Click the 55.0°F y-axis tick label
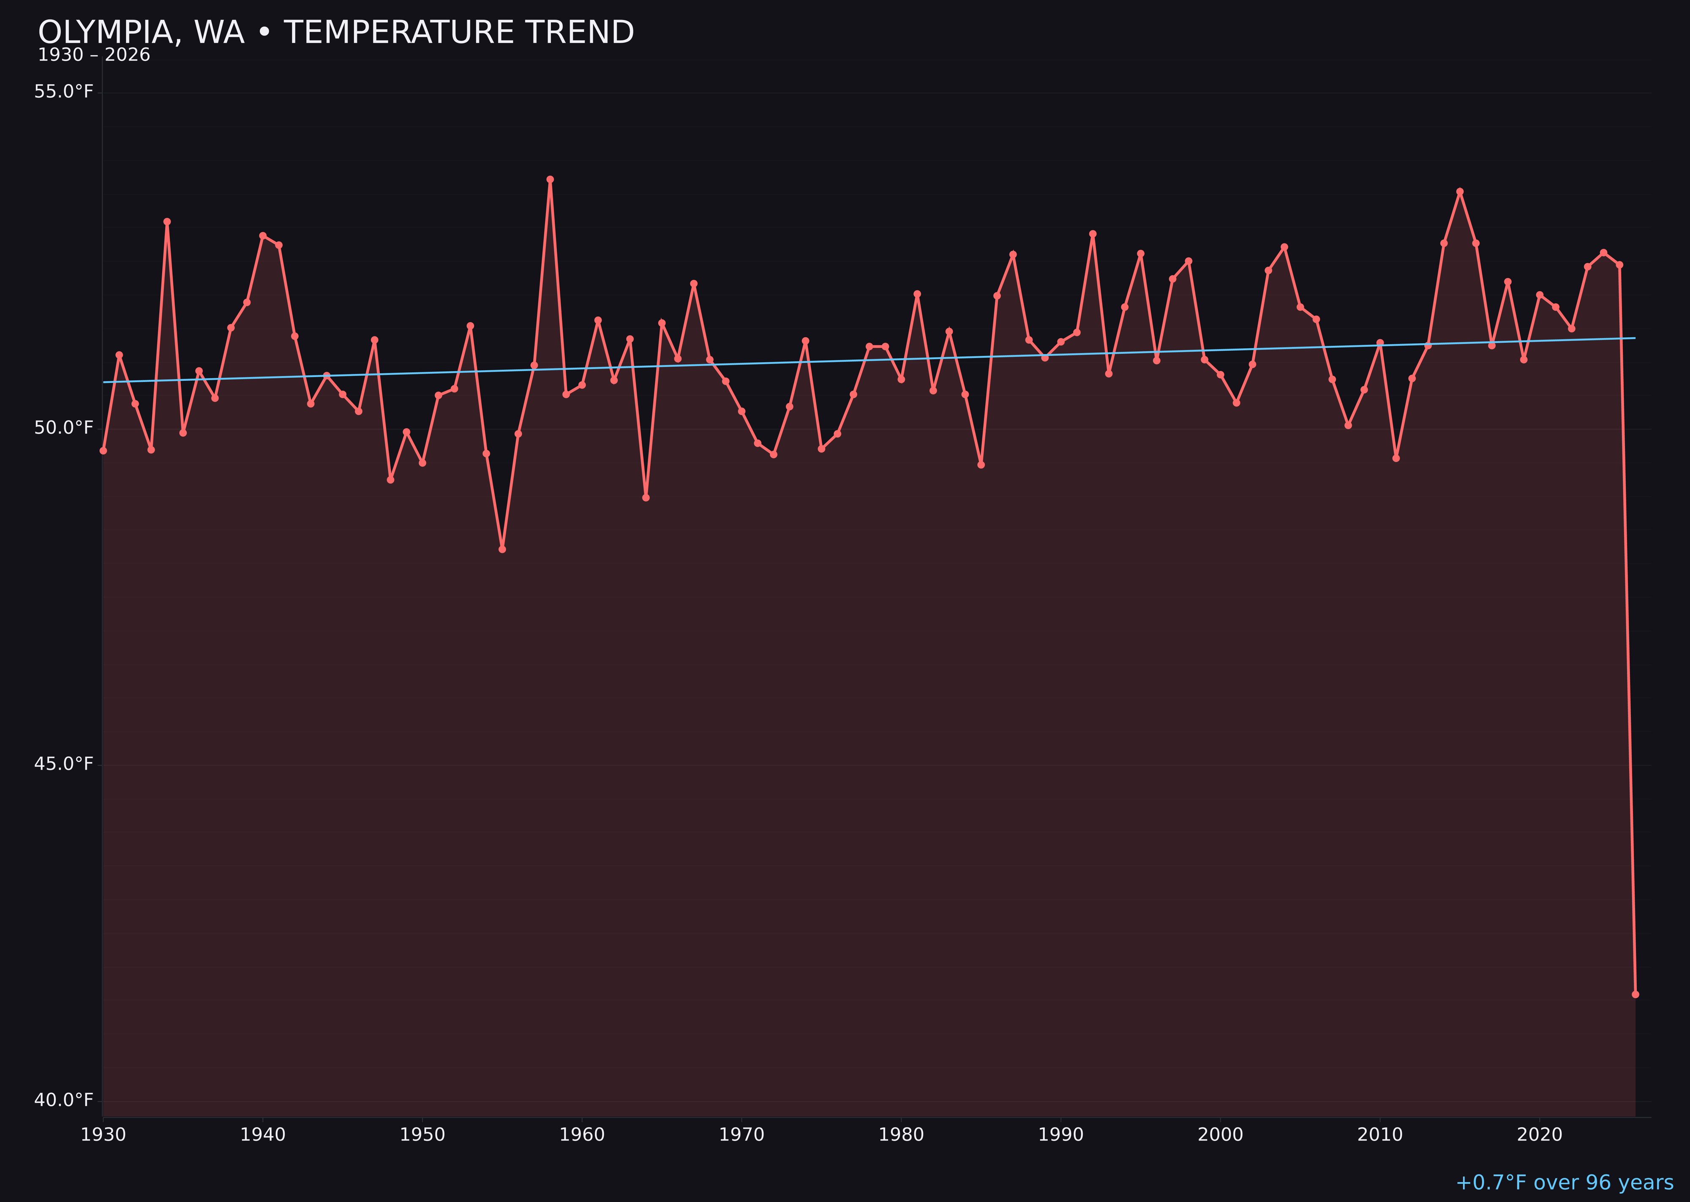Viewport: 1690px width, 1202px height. point(64,92)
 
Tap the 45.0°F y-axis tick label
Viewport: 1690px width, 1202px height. point(64,764)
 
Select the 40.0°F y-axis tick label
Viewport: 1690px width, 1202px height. point(64,1100)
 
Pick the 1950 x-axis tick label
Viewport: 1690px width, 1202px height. point(422,1135)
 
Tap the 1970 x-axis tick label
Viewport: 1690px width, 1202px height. point(741,1135)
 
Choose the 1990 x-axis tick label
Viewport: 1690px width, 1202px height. point(1061,1135)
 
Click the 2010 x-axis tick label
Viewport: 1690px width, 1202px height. point(1380,1135)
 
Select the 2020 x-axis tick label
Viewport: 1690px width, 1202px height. point(1540,1135)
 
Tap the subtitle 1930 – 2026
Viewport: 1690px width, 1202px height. point(94,55)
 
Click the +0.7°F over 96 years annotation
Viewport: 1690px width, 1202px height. point(1564,1183)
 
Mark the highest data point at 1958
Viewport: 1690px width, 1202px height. point(550,179)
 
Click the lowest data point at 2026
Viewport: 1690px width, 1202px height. point(1635,994)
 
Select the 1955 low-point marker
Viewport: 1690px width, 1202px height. point(502,549)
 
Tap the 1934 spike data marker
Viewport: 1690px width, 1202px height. point(167,221)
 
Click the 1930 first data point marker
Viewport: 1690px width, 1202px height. point(104,450)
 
